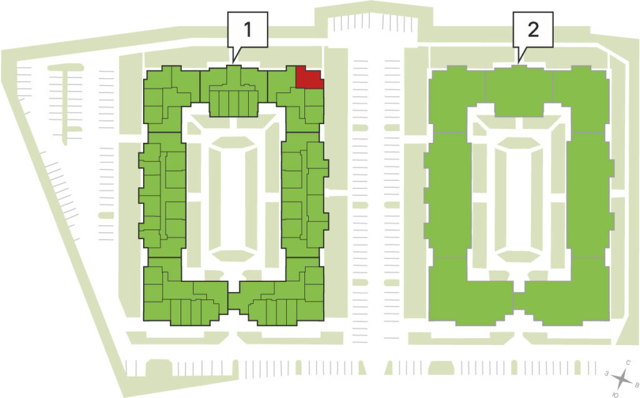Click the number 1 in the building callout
247,30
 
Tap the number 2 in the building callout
533,30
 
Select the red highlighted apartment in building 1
309,77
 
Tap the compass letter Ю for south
616,394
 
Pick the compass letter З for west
607,373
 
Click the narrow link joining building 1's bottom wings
233,302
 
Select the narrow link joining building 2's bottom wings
518,301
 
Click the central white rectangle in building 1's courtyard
233,199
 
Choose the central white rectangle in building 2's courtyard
518,199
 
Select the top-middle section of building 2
519,90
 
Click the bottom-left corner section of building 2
469,290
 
